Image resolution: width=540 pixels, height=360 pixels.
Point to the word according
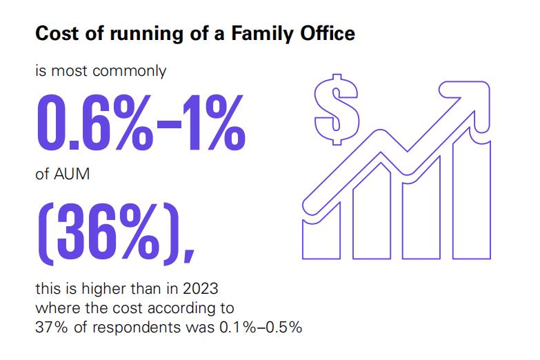pyautogui.click(x=174, y=308)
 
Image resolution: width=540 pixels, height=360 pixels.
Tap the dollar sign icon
pyautogui.click(x=335, y=109)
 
